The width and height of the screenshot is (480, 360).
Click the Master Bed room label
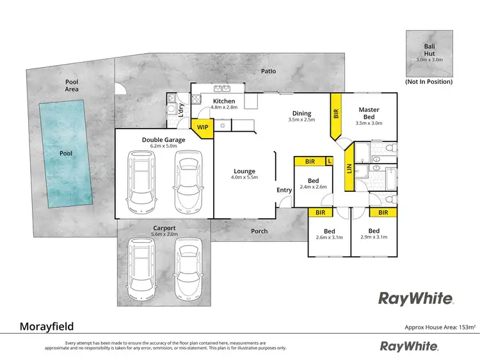pos(369,113)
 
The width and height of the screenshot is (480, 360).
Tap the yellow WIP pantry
pos(202,127)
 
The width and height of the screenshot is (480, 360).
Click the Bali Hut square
pos(429,54)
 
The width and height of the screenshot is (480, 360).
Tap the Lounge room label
pos(244,171)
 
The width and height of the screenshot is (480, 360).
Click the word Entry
pos(284,190)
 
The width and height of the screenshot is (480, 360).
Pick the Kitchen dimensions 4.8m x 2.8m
pos(224,108)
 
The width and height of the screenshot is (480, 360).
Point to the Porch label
pos(259,231)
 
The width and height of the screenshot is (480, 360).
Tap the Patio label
pos(269,71)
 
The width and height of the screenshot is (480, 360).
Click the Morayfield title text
pos(47,327)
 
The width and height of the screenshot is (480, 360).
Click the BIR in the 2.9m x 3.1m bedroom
pos(383,212)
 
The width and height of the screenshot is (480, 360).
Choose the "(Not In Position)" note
pos(429,82)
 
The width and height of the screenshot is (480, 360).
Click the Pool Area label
pos(72,85)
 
